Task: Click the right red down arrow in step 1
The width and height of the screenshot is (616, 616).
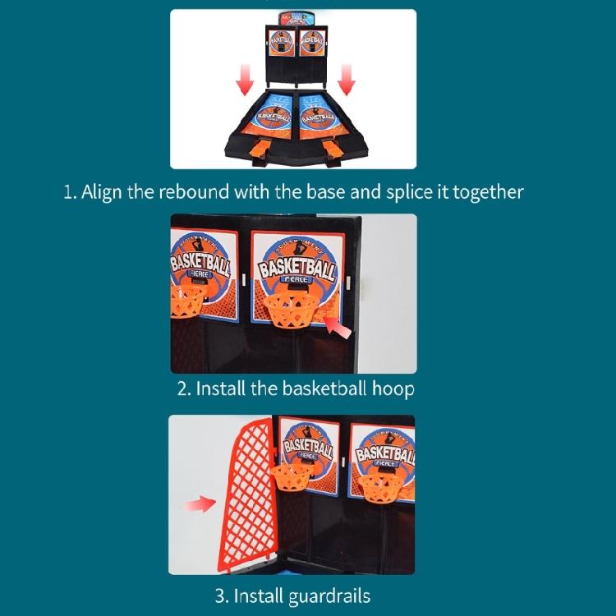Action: pos(346,80)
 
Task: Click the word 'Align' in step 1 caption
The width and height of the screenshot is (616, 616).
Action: pos(103,192)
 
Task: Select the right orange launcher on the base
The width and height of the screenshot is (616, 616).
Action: pos(333,150)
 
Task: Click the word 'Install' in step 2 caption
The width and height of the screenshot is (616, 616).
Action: pos(220,388)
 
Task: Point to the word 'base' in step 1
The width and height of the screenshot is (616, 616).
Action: pos(343,192)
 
